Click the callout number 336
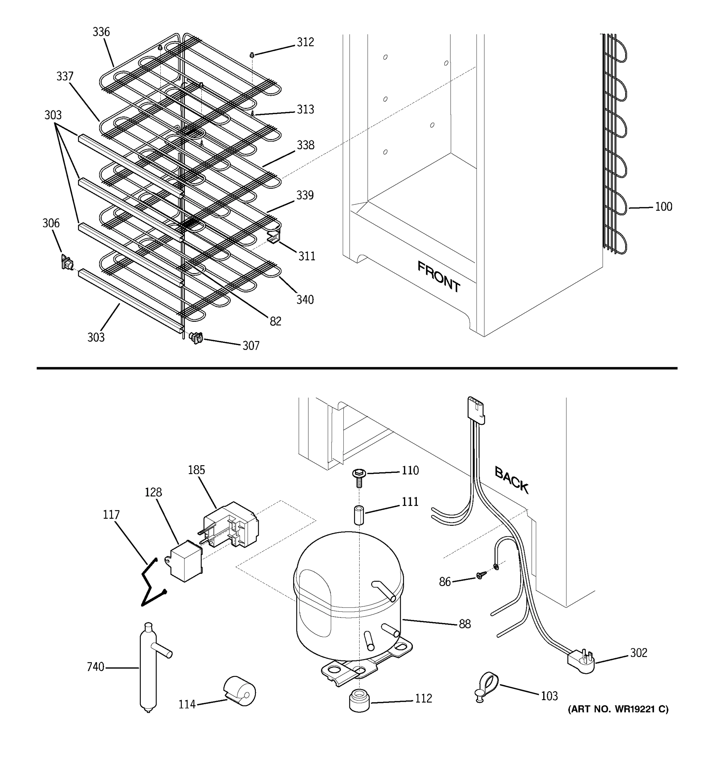(101, 32)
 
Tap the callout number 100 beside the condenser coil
(664, 207)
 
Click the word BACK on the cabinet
(511, 480)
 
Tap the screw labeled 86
(481, 575)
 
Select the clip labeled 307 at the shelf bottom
(196, 338)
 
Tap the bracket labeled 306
(67, 263)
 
